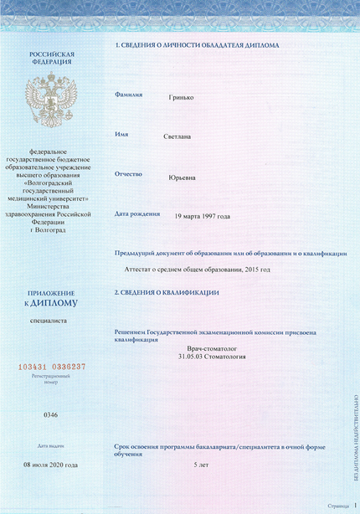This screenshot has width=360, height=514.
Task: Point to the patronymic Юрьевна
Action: [183, 177]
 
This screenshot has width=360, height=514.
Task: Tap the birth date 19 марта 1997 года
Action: [202, 216]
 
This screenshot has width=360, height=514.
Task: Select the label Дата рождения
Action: [136, 213]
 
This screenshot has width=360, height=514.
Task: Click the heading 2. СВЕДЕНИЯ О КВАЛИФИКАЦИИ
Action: [167, 292]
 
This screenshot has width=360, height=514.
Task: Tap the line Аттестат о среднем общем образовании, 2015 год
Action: [197, 270]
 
